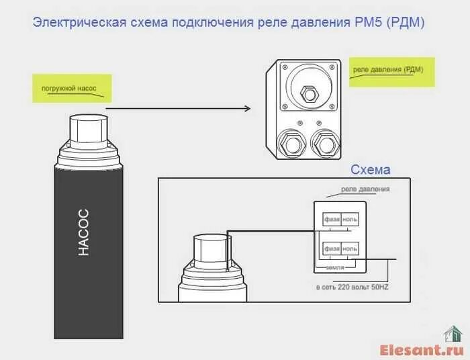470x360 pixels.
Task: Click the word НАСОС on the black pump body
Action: click(x=83, y=232)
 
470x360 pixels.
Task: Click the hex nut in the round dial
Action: click(x=309, y=93)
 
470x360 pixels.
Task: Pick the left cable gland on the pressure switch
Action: click(x=291, y=143)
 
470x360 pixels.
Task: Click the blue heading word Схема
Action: click(x=370, y=170)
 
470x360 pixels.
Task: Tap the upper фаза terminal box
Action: click(x=332, y=220)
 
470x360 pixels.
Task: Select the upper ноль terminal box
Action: click(x=350, y=220)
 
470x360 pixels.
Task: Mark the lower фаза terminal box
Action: click(x=332, y=249)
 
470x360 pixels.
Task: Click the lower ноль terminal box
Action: click(x=350, y=249)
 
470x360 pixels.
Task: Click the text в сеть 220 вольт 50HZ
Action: click(x=352, y=287)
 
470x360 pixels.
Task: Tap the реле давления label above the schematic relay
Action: click(x=365, y=189)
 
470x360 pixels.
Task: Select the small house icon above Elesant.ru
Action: click(x=453, y=334)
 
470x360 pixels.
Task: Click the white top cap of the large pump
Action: click(x=89, y=129)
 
